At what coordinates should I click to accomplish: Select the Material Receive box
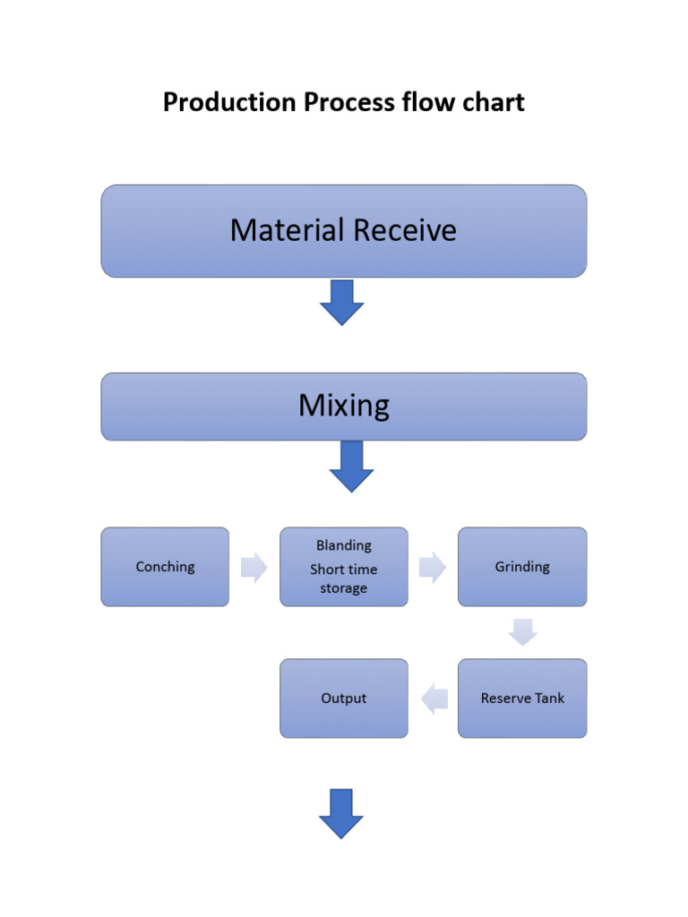coord(344,231)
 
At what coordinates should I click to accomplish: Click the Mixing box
coord(344,407)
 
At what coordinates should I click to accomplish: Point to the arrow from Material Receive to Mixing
coord(342,303)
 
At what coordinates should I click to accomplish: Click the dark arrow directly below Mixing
coord(351,467)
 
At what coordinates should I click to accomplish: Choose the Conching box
coord(165,567)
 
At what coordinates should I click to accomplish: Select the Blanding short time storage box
coord(344,567)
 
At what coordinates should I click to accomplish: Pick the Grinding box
coord(522,567)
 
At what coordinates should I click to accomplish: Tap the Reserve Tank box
coord(522,698)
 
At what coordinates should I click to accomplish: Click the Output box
coord(344,698)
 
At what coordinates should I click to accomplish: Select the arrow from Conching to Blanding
coord(254,567)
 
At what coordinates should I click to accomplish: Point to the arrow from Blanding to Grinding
coord(433,567)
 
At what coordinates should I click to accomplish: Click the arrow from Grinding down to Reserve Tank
coord(522,632)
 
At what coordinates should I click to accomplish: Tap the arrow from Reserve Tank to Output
coord(434,698)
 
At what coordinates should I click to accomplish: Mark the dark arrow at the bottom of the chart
coord(341,813)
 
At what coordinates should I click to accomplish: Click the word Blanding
coord(344,545)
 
